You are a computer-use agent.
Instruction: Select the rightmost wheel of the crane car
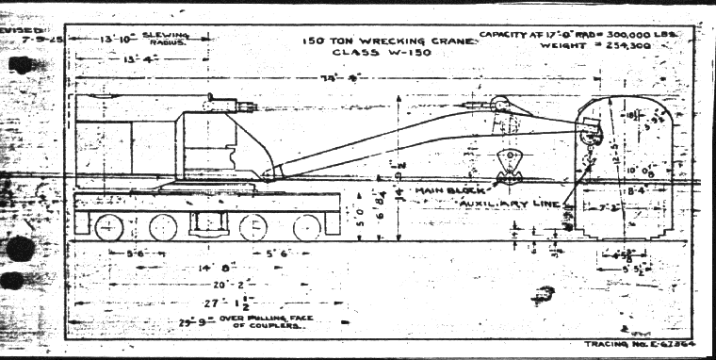[x=306, y=227]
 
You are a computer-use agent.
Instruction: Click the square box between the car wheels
[x=207, y=225]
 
